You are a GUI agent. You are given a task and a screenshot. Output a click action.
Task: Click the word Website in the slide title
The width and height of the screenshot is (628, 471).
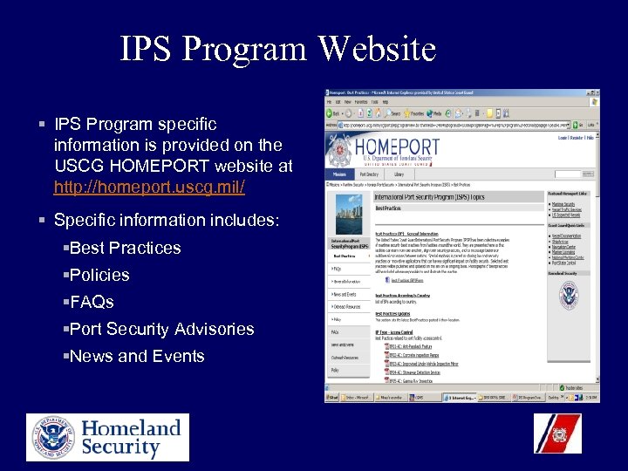point(377,49)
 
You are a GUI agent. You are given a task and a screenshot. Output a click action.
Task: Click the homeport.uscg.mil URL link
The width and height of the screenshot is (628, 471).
point(149,188)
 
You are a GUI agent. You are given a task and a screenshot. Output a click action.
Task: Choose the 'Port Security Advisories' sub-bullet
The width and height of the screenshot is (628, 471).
point(161,329)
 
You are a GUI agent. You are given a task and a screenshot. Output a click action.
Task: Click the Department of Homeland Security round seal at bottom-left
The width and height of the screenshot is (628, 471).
point(51,437)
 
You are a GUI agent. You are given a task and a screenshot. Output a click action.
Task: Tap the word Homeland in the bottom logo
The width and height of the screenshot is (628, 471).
point(131,427)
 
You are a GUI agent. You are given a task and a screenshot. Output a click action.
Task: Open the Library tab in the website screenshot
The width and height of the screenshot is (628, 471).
point(399,174)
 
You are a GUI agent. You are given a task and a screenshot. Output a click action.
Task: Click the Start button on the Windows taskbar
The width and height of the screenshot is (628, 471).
point(331,396)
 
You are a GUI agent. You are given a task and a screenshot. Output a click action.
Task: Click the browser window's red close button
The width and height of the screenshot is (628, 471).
point(596,93)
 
